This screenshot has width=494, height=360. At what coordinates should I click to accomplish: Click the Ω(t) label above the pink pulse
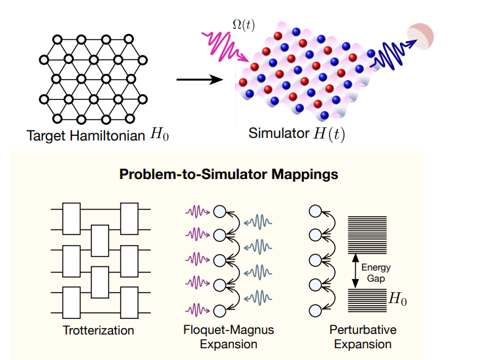click(x=243, y=24)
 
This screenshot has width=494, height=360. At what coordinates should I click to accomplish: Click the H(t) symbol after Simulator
click(x=327, y=135)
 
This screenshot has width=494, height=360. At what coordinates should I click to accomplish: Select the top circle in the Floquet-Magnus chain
click(x=220, y=211)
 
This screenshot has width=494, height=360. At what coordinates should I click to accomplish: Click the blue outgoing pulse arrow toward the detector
click(x=390, y=54)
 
